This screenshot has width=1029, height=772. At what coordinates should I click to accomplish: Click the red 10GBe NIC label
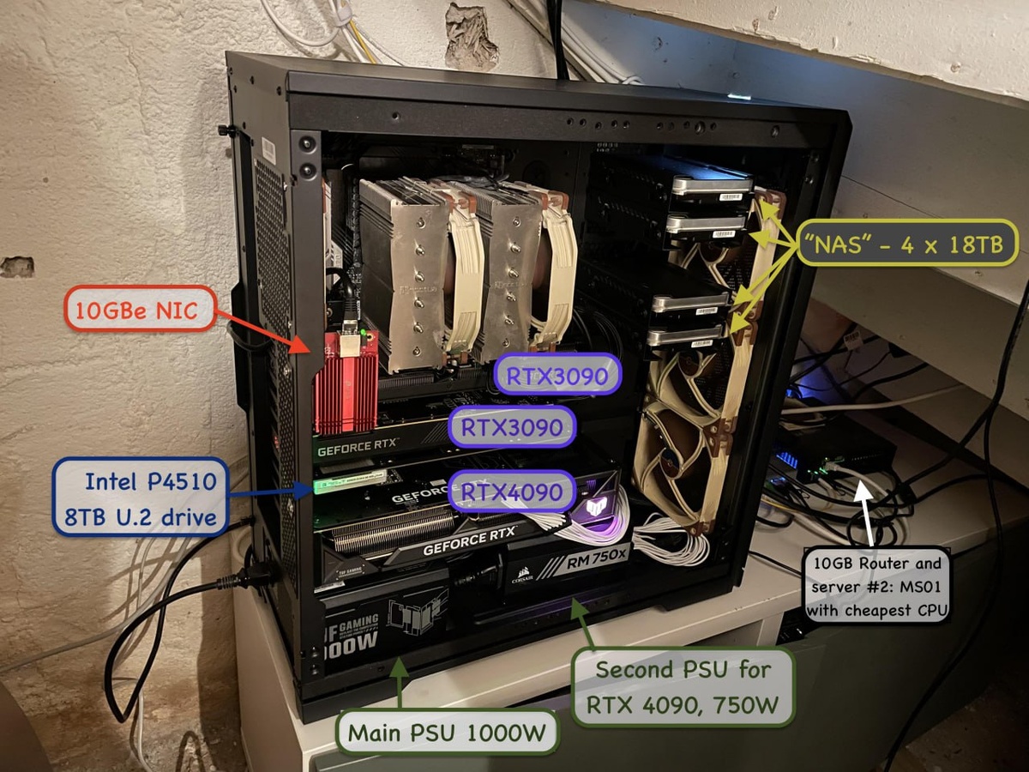[140, 309]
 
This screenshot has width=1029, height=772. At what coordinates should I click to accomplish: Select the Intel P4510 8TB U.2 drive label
[143, 497]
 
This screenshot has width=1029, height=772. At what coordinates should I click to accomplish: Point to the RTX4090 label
[513, 492]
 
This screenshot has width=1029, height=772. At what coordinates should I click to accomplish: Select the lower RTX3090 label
[513, 426]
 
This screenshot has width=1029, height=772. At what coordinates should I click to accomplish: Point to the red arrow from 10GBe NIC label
[266, 330]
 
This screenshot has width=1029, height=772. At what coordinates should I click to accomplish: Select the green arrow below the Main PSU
[399, 682]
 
